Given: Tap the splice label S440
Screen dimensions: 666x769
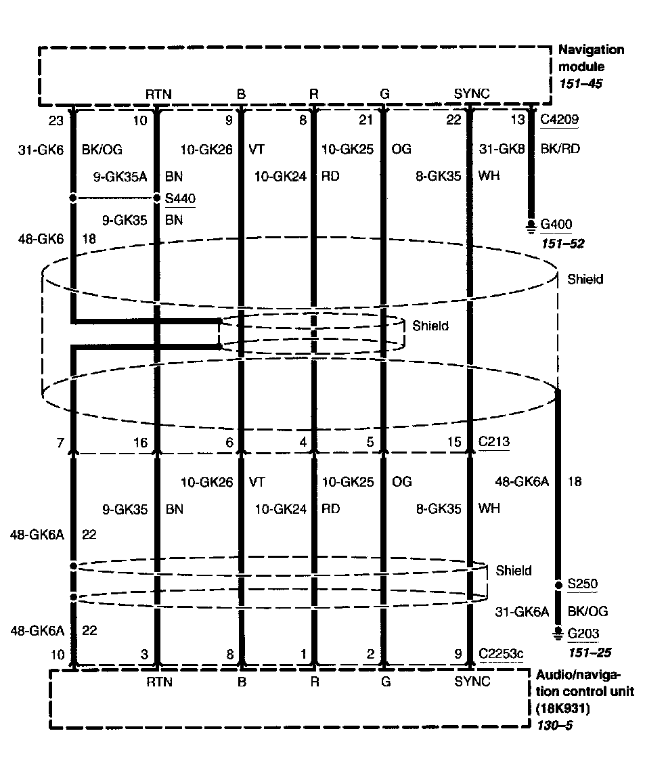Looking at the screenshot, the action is (x=180, y=199).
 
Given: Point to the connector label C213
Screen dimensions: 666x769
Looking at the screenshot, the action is (x=494, y=442).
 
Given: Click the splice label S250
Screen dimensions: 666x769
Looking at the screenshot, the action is (x=582, y=584).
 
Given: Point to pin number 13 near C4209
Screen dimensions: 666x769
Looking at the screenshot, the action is (x=517, y=120).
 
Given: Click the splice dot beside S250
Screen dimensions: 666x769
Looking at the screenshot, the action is (x=558, y=584).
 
